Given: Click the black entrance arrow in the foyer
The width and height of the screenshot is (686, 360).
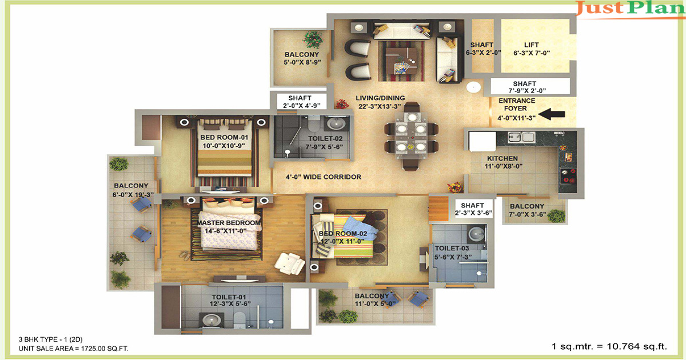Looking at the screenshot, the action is (552, 114).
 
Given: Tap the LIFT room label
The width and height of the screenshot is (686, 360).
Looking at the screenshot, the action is (531, 45).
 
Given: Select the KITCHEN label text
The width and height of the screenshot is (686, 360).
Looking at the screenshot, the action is (502, 158).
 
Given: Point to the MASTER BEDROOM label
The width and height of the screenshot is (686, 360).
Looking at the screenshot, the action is (229, 223).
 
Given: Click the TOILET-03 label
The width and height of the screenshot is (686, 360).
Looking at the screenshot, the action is (452, 248).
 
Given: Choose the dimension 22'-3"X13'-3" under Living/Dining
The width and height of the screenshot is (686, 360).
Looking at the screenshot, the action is (380, 106).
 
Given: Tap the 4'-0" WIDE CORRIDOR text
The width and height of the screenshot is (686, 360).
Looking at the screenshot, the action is (324, 177).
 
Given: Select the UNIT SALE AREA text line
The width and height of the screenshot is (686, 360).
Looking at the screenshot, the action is (74, 349).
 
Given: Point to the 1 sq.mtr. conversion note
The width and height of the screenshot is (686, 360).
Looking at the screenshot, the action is (609, 346).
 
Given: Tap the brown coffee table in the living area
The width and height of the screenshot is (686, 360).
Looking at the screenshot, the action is (401, 61).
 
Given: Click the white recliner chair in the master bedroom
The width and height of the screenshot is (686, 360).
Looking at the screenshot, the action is (289, 263).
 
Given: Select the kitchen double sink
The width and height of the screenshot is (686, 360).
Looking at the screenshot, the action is (521, 137).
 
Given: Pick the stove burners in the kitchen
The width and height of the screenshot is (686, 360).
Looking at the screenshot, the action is (568, 176).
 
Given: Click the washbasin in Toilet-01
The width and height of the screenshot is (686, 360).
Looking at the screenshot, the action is (211, 320).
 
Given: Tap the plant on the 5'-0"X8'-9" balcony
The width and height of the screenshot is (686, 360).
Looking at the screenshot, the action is (313, 39).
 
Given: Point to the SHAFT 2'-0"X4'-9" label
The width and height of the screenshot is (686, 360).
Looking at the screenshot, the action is (301, 102).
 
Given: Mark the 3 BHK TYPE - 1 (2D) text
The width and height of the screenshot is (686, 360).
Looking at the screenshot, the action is (50, 339).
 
